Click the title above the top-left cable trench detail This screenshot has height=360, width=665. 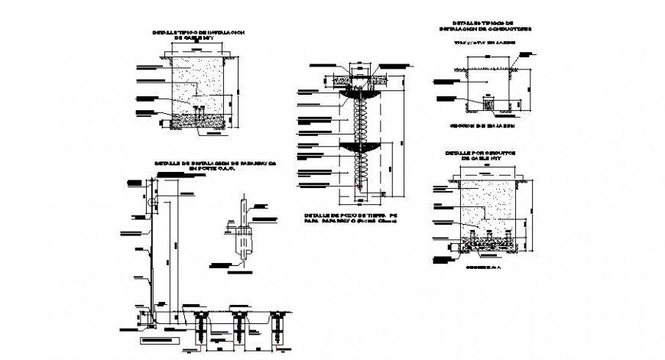click(198, 35)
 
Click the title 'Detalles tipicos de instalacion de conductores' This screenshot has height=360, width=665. click(482, 24)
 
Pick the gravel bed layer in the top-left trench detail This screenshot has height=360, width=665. click(197, 120)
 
